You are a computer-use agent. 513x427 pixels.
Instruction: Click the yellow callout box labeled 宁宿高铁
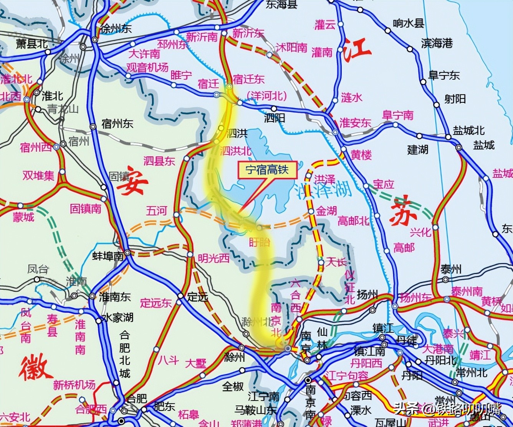point(268,170)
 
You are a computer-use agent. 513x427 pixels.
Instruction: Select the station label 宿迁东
point(249,79)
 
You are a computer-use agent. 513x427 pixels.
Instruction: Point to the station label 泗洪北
point(235,151)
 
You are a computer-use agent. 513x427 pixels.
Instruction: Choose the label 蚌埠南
point(108,256)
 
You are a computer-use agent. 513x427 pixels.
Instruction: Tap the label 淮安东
point(355,123)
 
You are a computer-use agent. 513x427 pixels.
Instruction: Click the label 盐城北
point(468,130)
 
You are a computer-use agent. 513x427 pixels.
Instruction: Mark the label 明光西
point(213,258)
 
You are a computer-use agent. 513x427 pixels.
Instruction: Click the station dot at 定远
point(180,296)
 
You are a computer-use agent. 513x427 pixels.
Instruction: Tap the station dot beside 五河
point(176,215)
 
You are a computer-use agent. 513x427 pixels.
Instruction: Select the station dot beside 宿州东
point(93,126)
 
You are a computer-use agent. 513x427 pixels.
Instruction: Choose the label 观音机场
point(147,67)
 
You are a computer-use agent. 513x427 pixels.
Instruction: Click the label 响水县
point(408,23)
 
